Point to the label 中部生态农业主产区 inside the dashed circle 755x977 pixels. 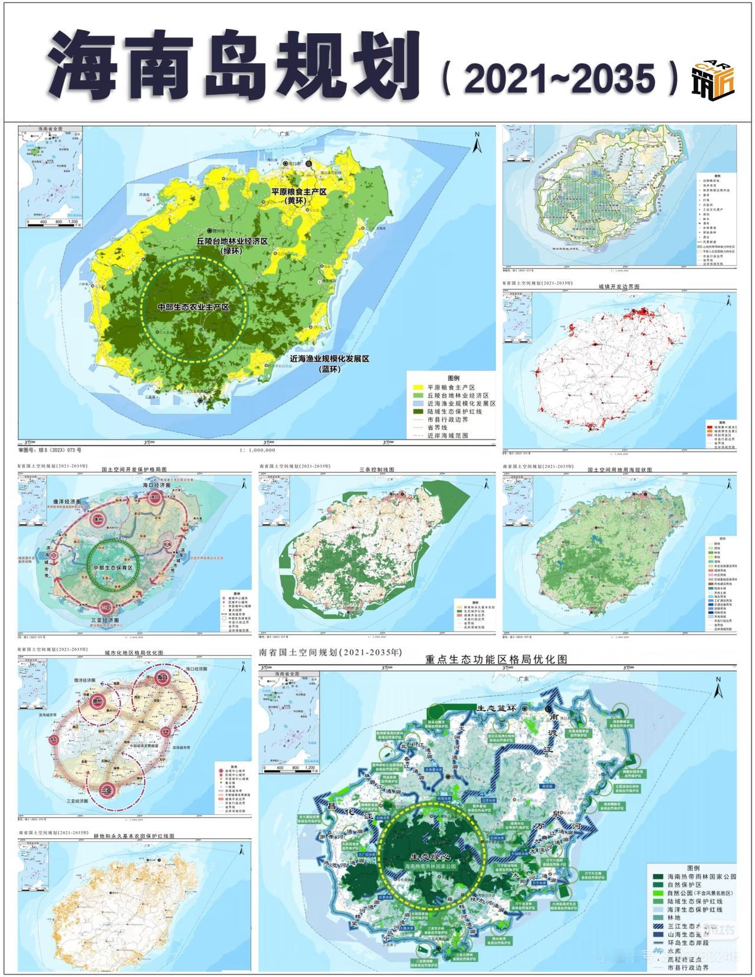pos(193,308)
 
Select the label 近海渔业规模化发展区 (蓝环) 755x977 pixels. pos(329,363)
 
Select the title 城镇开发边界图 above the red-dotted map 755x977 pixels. pos(619,286)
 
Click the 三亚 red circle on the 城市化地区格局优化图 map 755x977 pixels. pos(107,790)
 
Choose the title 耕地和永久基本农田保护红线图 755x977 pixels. pos(134,836)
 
